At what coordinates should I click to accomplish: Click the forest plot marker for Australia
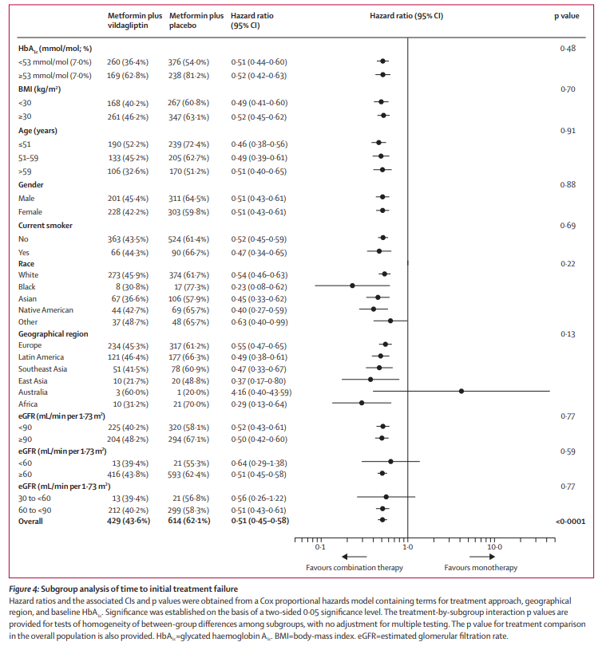coord(461,391)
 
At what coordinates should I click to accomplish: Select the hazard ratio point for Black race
coord(352,286)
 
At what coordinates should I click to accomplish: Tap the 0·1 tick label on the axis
coord(319,548)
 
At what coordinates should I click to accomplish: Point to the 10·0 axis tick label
coord(494,548)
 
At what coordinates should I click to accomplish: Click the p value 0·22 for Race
coord(568,262)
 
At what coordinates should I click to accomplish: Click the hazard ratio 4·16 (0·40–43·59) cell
coord(260,392)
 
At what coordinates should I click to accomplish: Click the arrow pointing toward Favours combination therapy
coord(343,557)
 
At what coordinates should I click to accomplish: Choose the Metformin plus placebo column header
coord(196,21)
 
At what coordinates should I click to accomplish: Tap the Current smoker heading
coord(46,226)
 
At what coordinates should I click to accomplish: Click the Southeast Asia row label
coord(45,368)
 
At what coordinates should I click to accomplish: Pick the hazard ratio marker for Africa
coord(362,403)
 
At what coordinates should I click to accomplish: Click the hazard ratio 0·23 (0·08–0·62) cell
coord(257,286)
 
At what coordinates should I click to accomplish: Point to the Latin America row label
coord(43,356)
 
